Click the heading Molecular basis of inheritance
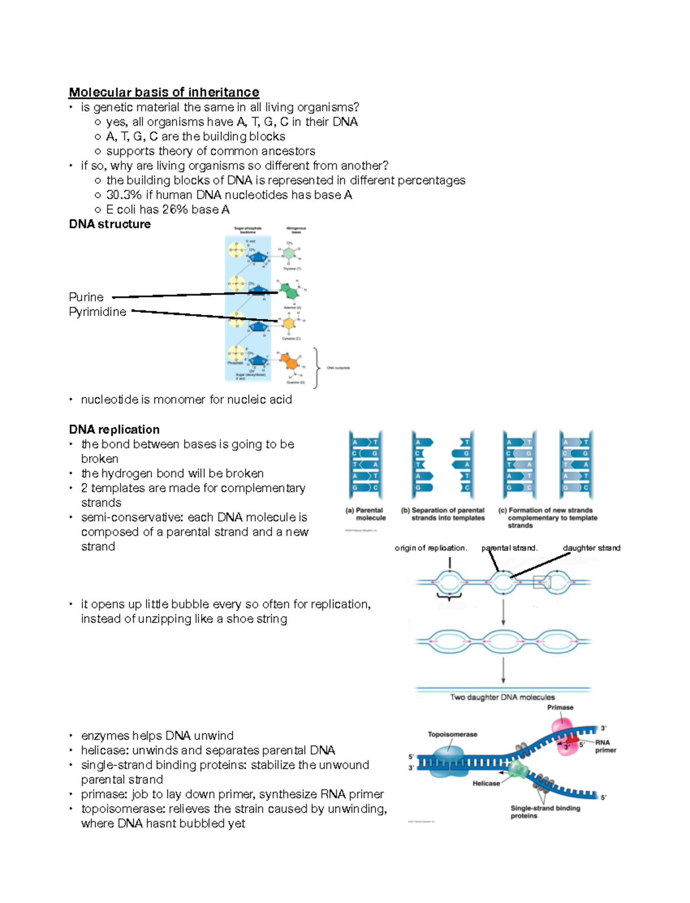tap(164, 92)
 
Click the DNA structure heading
tap(110, 224)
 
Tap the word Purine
tap(86, 297)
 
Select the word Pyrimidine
tap(98, 312)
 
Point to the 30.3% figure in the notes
tap(124, 195)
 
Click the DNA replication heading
tap(114, 430)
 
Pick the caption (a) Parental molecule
tap(366, 514)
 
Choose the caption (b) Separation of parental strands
tap(443, 514)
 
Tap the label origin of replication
tap(431, 548)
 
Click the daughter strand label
tap(592, 548)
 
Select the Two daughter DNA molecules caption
tap(503, 697)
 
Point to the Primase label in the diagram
tap(560, 707)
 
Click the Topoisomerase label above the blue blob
tap(453, 734)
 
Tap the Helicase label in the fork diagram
tap(486, 783)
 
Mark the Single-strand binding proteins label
tap(545, 812)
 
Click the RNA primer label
tap(605, 746)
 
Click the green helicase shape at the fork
tap(519, 769)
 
